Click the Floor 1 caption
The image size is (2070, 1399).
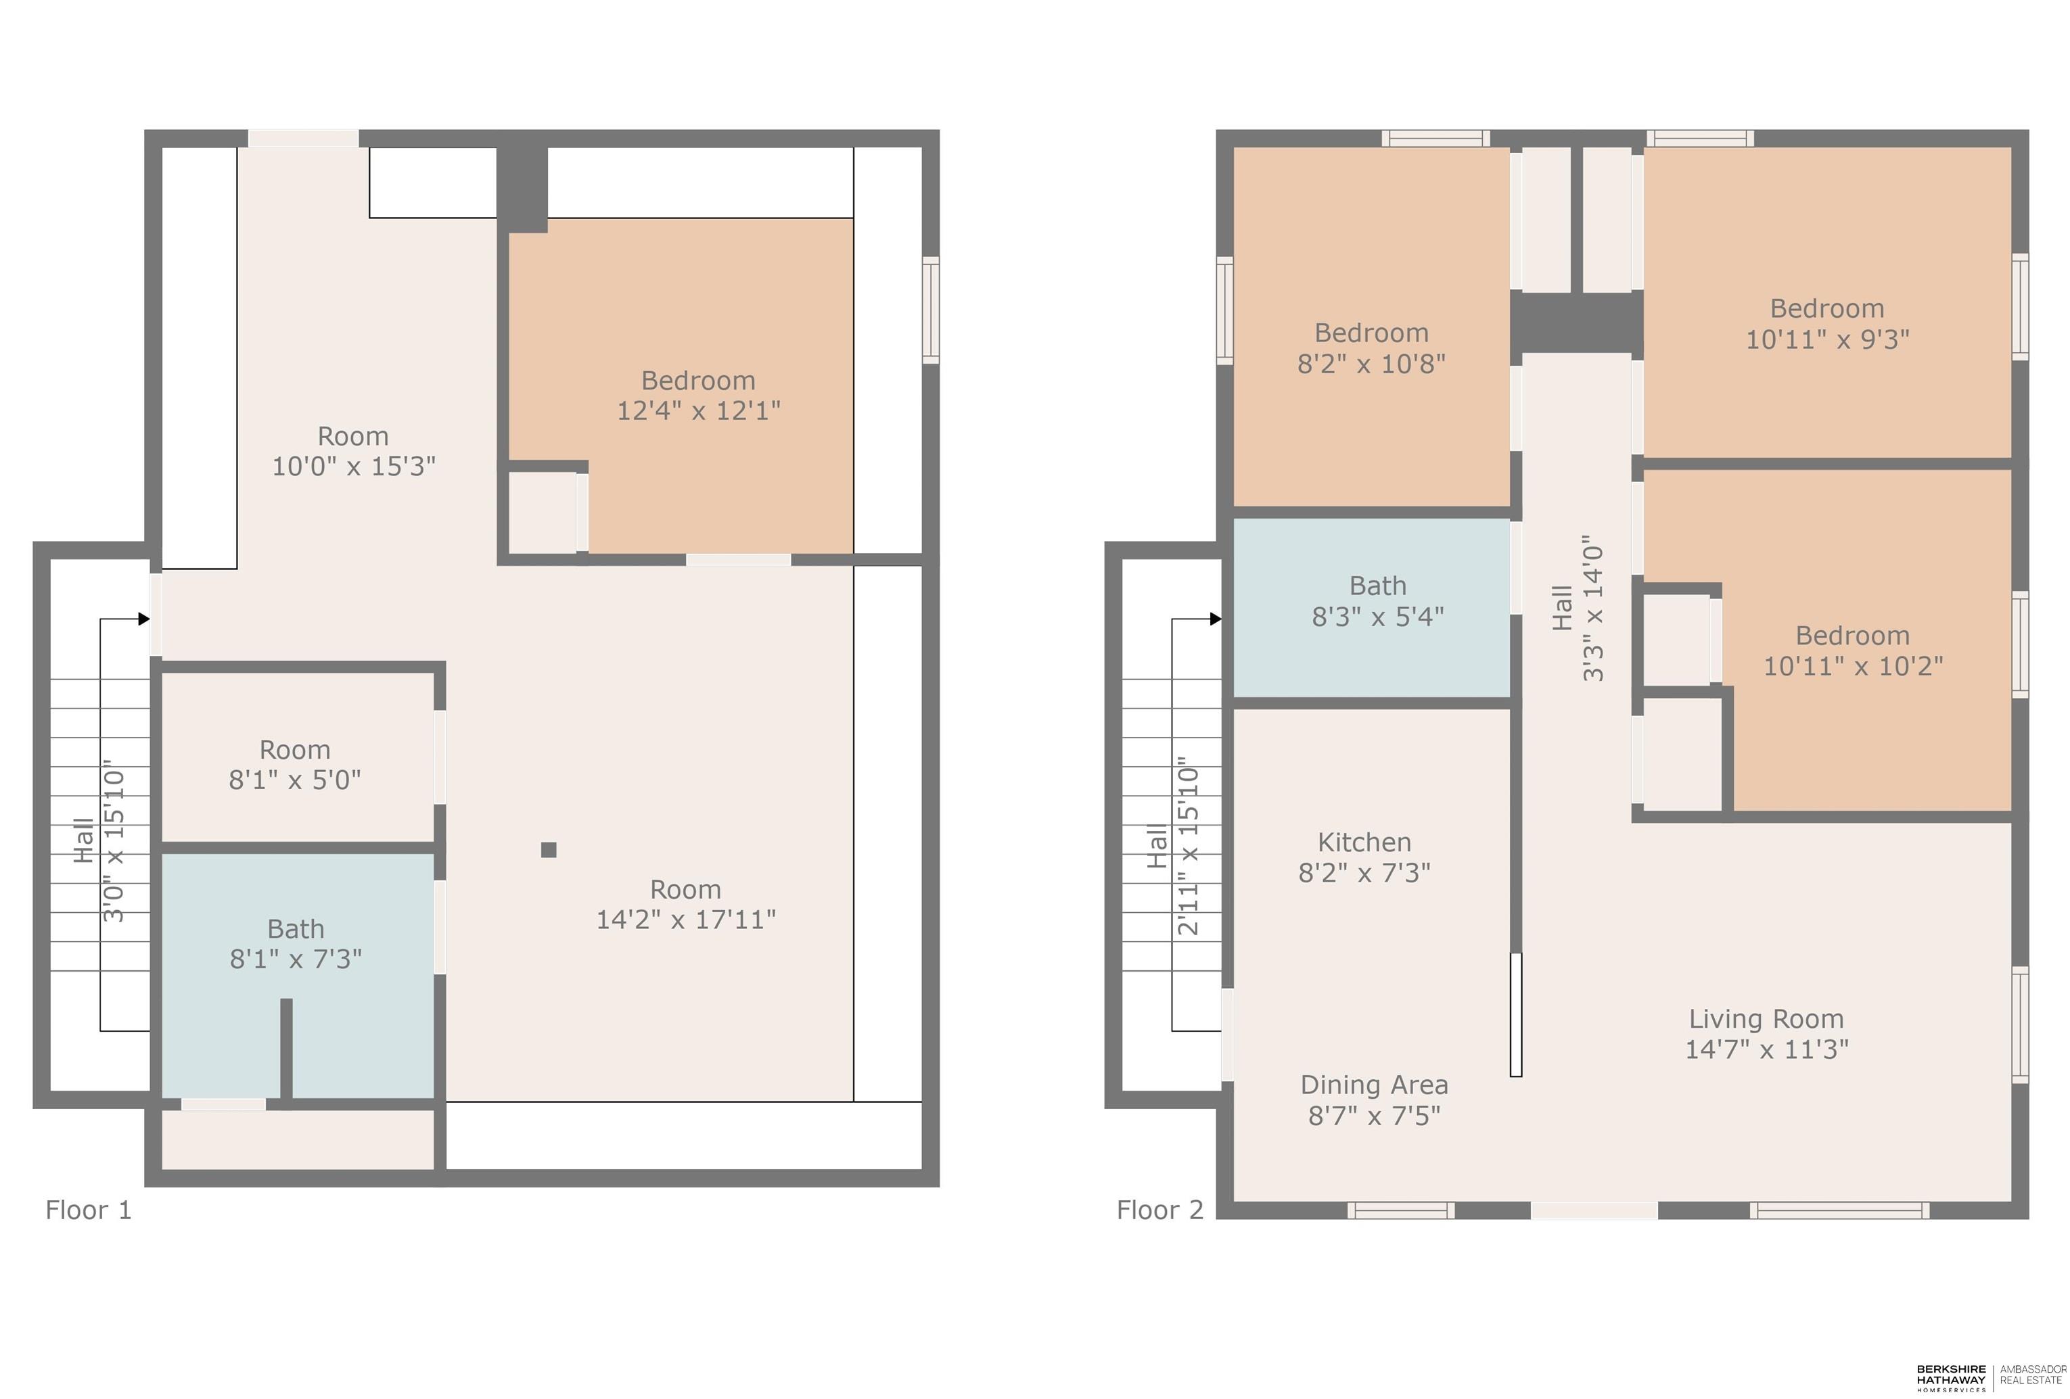pos(88,1209)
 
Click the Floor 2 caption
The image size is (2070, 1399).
pos(1159,1209)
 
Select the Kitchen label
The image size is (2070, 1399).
pos(1364,842)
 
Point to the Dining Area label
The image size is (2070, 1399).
pos(1375,1085)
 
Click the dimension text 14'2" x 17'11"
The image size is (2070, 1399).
pos(686,919)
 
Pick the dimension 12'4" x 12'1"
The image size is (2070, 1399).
pos(698,410)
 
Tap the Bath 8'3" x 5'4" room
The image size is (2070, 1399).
pos(1372,607)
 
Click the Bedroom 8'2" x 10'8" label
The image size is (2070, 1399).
pos(1372,348)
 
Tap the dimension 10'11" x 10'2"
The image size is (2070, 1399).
pos(1853,666)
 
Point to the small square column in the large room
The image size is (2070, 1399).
pos(549,849)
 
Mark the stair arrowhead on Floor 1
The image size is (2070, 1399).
pos(144,619)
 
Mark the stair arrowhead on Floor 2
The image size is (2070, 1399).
pos(1216,619)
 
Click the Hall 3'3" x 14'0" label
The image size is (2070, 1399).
pos(1578,609)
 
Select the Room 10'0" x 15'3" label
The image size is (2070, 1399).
pos(354,450)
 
